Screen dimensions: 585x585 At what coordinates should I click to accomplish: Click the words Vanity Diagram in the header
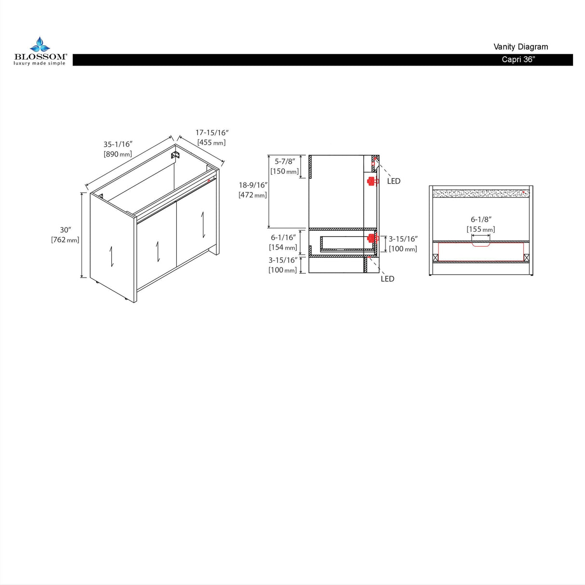coord(520,47)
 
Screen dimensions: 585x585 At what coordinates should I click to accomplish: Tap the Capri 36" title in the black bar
coord(518,59)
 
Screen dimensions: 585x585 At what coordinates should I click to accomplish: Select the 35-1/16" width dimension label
coord(118,144)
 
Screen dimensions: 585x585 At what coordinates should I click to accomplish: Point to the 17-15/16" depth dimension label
coord(212,133)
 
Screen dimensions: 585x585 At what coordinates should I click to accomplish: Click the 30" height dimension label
coord(66,230)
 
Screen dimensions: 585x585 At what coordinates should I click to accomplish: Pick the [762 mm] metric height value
coord(65,240)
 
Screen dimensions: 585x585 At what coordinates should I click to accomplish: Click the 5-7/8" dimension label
coord(285,161)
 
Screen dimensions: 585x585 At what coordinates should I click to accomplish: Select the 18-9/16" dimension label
coord(253,185)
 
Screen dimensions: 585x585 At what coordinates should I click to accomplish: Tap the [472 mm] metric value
coord(253,195)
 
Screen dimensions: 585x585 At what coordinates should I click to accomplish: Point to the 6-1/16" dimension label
coord(283,238)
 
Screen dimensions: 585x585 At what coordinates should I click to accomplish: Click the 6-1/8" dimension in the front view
coord(481,219)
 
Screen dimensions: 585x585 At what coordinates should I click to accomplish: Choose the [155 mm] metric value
coord(481,229)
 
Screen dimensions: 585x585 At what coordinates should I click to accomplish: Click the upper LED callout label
coord(394,181)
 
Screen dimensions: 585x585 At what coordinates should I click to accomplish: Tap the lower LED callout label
coord(388,279)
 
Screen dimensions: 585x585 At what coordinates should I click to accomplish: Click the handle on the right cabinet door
coord(203,225)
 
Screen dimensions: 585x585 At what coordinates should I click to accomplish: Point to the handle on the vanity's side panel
coord(111,256)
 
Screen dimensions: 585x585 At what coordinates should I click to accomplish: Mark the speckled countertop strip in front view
coord(481,193)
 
